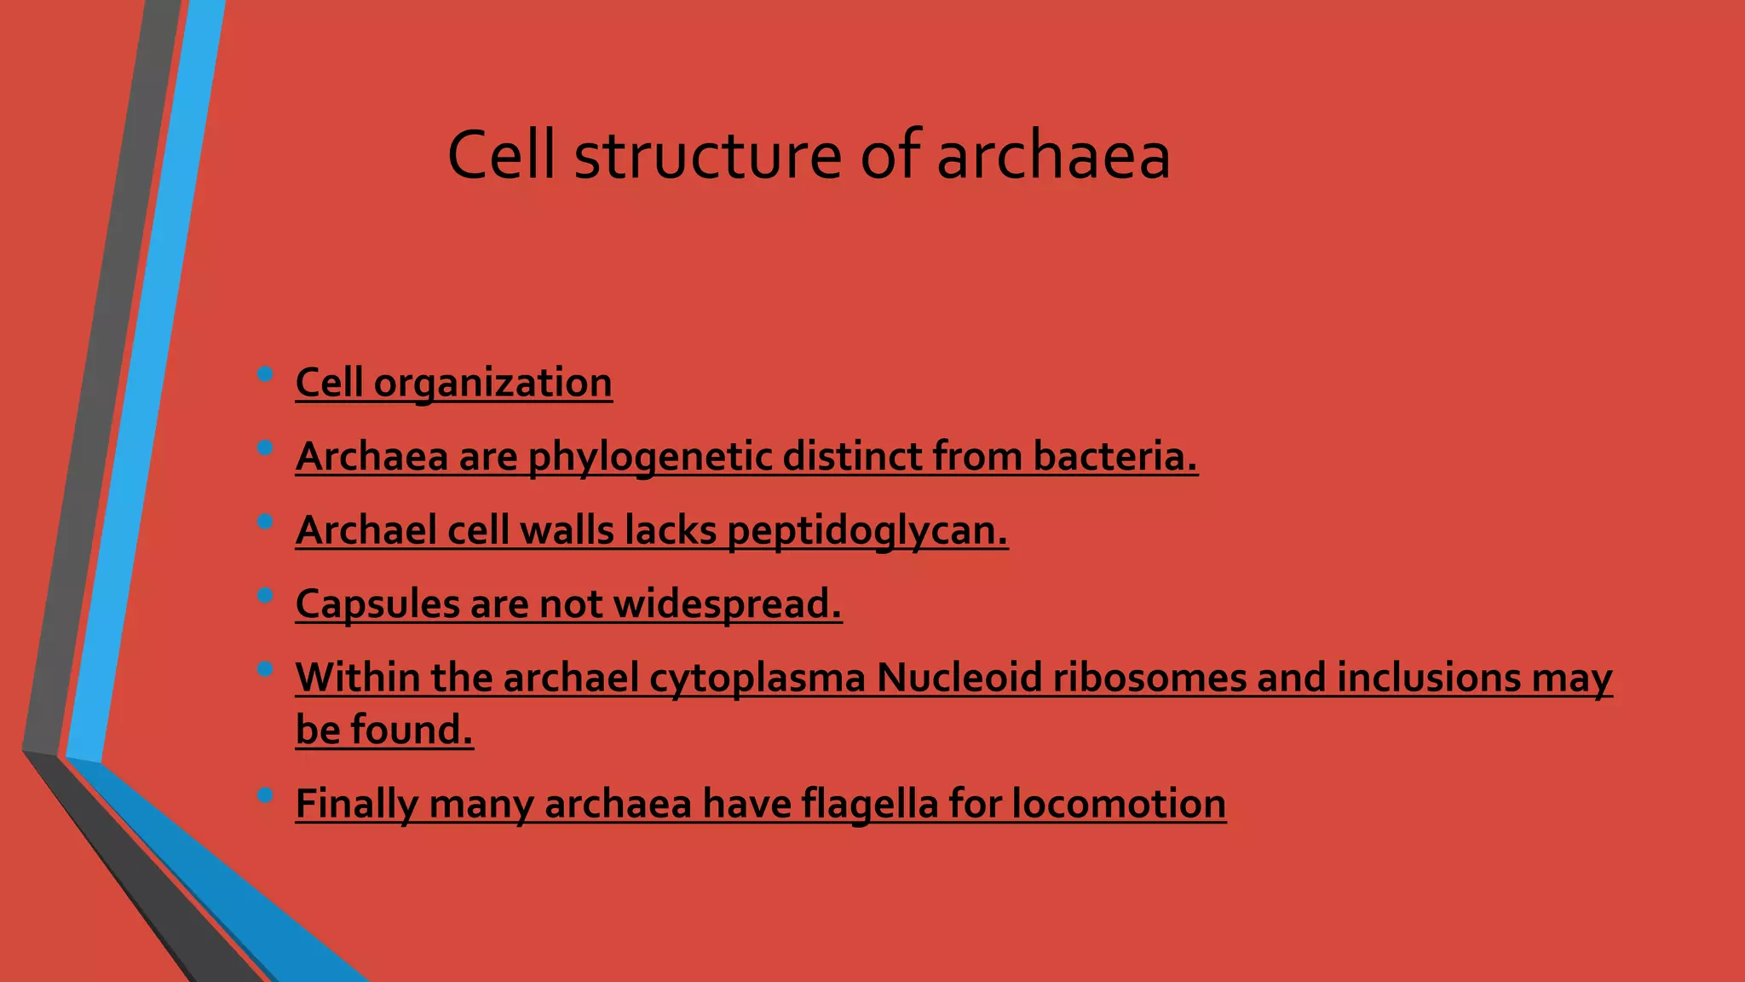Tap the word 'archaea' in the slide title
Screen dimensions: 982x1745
click(x=1053, y=156)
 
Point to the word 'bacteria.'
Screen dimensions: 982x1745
click(x=1115, y=457)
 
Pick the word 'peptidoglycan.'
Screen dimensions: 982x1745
click(x=867, y=531)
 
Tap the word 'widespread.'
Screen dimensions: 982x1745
click(x=728, y=604)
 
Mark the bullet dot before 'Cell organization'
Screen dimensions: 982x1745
click(x=264, y=373)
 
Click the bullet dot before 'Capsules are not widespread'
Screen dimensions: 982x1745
click(x=264, y=595)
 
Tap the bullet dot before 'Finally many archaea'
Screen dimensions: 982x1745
click(x=264, y=795)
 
